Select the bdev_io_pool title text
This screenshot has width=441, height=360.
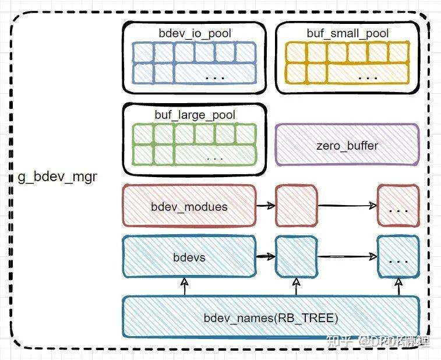click(x=195, y=33)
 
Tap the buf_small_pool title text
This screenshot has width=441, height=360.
click(x=347, y=33)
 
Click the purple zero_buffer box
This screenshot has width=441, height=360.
click(x=347, y=144)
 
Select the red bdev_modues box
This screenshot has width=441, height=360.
click(x=189, y=206)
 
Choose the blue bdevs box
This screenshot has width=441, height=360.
click(x=189, y=257)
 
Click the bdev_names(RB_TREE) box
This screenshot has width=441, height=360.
click(x=270, y=317)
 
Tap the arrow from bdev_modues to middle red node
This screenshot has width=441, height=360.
click(x=266, y=206)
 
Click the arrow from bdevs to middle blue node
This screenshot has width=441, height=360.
click(x=266, y=256)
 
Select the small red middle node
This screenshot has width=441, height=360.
click(x=297, y=206)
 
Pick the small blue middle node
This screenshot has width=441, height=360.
click(x=297, y=256)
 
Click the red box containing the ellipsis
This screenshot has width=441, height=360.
click(x=398, y=206)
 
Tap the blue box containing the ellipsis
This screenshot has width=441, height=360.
click(x=398, y=257)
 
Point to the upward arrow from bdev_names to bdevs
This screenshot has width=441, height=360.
click(x=185, y=287)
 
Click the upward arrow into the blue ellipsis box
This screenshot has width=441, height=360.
click(x=399, y=287)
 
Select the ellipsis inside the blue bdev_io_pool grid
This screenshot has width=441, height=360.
click(x=216, y=76)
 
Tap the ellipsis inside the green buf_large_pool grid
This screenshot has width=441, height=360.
click(x=215, y=158)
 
